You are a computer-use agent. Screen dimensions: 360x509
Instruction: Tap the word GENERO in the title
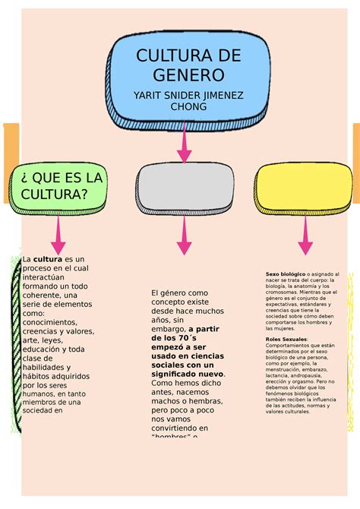point(188,75)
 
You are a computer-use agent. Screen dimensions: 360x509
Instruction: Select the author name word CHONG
point(188,107)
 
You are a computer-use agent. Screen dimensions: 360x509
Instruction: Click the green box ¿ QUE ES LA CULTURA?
point(58,186)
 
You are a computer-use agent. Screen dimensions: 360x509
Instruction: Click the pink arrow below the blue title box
point(184,144)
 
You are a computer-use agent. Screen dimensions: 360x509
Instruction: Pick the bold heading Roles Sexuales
point(286,339)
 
